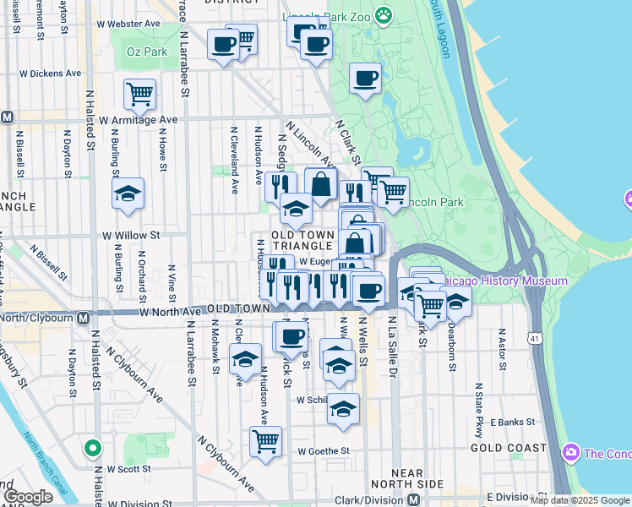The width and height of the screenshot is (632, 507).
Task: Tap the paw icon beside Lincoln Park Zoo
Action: click(x=384, y=14)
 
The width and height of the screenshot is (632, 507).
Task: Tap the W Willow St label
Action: click(x=131, y=235)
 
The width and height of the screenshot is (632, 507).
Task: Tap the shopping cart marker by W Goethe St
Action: click(x=265, y=441)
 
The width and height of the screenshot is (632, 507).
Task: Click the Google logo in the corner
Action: click(x=28, y=497)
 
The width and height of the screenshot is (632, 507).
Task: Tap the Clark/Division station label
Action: click(x=370, y=499)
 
